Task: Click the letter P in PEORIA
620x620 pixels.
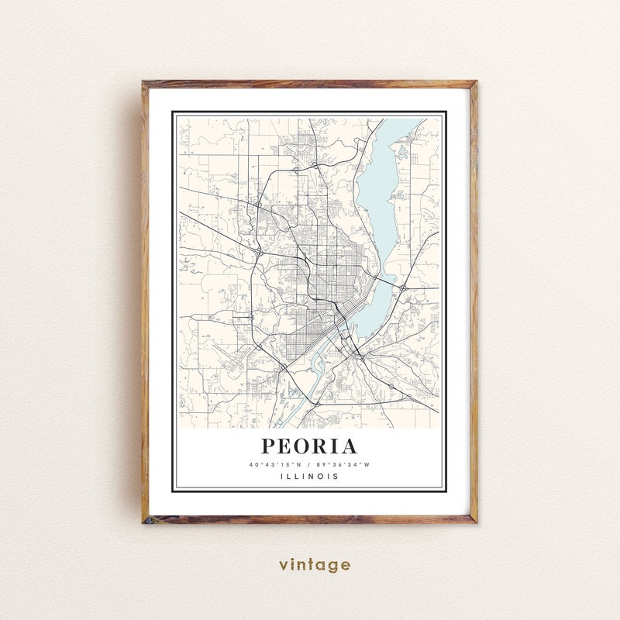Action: [268, 446]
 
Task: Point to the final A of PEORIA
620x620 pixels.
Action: [350, 446]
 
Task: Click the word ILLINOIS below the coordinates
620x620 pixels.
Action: [309, 477]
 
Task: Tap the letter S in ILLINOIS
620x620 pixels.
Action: [336, 477]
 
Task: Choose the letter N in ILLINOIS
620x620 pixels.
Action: [312, 477]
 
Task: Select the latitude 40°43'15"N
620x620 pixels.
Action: [274, 464]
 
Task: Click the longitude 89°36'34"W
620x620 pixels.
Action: [343, 464]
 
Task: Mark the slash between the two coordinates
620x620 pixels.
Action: [308, 464]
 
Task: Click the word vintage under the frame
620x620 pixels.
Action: [315, 565]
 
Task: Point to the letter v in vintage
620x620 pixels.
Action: [284, 565]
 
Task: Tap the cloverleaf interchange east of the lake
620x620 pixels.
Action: [405, 288]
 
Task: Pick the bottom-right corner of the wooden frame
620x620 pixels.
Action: [475, 522]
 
